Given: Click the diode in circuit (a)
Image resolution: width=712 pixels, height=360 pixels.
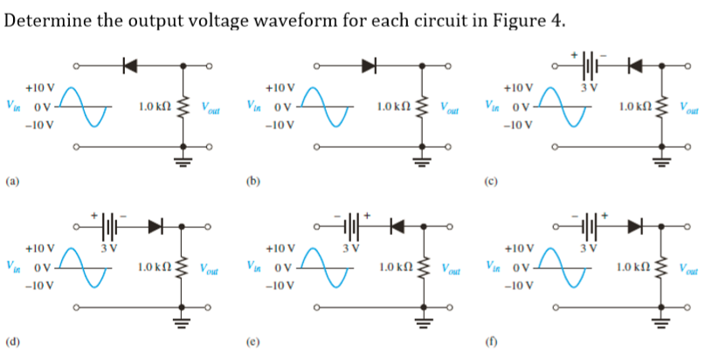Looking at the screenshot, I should [x=131, y=66].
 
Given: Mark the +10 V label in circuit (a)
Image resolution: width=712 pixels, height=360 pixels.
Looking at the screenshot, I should [x=39, y=88].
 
